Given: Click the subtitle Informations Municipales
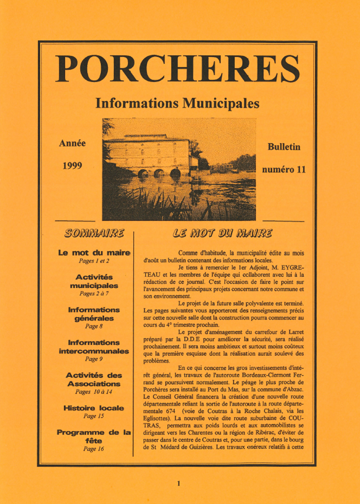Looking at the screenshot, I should tap(177, 103).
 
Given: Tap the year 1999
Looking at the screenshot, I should tap(72, 166).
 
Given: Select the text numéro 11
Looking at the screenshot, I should tap(284, 169).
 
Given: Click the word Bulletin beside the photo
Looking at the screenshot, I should tap(284, 147).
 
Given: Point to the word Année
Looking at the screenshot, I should tap(72, 143).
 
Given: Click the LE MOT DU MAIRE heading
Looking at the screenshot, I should tap(222, 233).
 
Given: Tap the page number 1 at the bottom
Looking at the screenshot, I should tap(179, 483).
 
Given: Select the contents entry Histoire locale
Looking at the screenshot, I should tap(94, 408).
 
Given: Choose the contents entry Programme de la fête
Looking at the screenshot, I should tap(94, 436).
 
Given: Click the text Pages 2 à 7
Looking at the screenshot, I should tap(94, 294).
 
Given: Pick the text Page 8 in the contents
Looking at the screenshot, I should tap(94, 326).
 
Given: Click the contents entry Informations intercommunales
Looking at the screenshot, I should tap(94, 347).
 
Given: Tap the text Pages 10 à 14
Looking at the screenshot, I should tap(94, 392).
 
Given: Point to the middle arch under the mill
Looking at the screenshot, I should tap(159, 173).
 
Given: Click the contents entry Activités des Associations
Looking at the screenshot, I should tap(94, 380).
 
